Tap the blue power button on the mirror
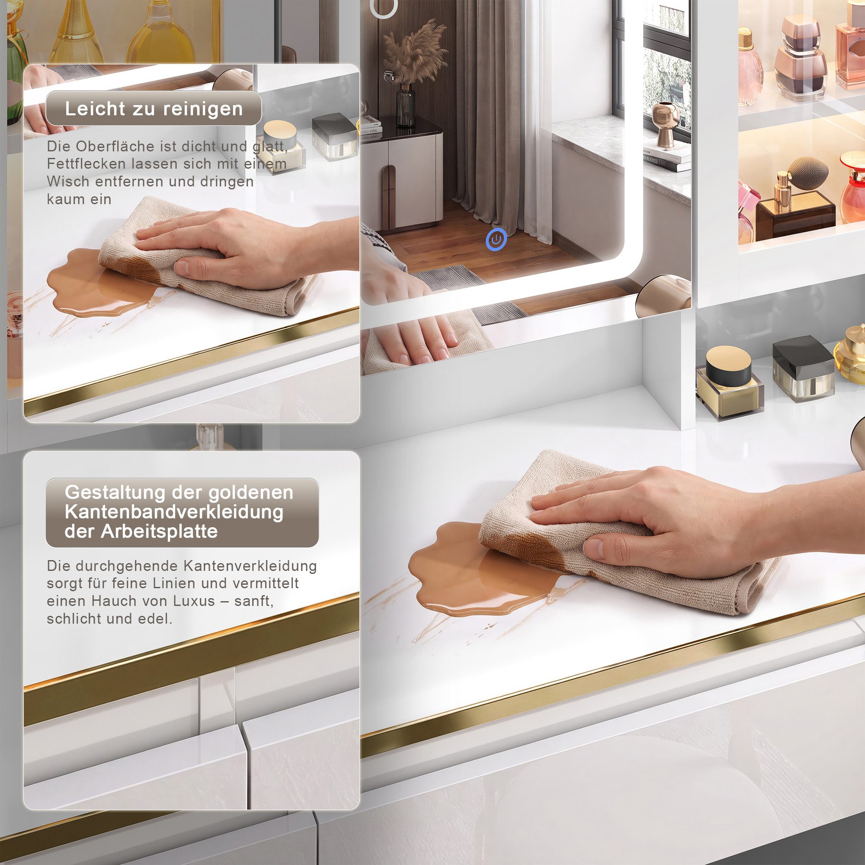pyautogui.click(x=496, y=240)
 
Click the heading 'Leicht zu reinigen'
pyautogui.click(x=154, y=109)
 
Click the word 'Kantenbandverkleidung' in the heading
pyautogui.click(x=174, y=512)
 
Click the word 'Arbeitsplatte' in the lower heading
pyautogui.click(x=160, y=532)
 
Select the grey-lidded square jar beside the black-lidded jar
pyautogui.click(x=803, y=368)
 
